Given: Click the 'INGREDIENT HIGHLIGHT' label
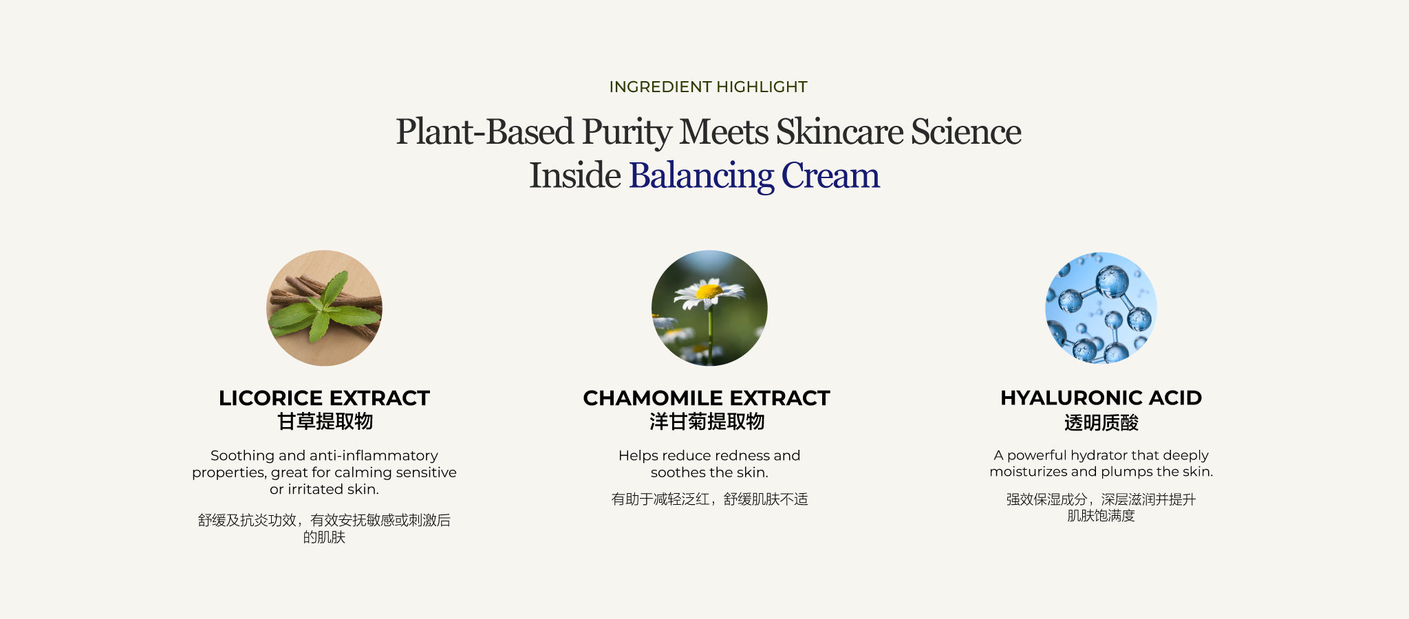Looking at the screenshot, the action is (708, 87).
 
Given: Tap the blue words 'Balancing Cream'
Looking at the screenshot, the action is (754, 175).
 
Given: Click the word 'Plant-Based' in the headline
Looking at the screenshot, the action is (484, 131).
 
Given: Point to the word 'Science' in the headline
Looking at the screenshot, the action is (966, 131).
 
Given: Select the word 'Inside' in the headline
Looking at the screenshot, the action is (574, 175).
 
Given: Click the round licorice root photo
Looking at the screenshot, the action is (324, 308).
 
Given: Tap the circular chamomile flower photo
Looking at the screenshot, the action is (709, 308).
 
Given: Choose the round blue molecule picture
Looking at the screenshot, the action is (1101, 308).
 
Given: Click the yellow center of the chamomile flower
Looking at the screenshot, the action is (709, 292).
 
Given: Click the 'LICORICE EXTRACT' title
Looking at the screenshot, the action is (324, 398).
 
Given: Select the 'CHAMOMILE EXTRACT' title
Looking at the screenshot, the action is (707, 398).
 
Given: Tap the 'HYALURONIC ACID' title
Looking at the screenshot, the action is (1101, 398).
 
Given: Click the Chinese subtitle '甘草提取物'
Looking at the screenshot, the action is (325, 422).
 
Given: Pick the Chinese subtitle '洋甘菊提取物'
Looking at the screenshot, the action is (707, 422).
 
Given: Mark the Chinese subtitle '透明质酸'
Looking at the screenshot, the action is (1101, 423).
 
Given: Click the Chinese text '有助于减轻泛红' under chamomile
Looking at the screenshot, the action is (660, 499).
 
